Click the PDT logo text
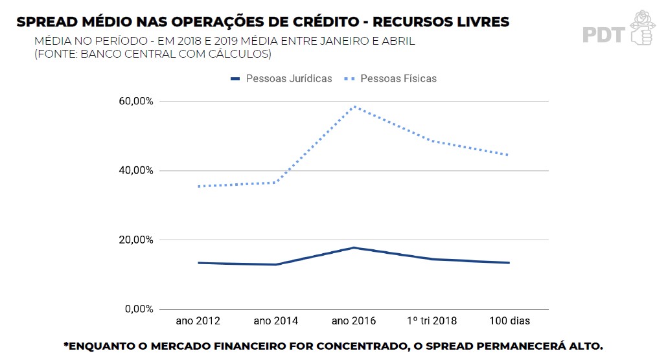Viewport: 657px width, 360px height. [x=603, y=34]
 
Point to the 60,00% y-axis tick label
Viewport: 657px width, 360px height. [x=135, y=102]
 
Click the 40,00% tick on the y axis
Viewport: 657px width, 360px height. [x=135, y=171]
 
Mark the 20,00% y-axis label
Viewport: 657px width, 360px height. [x=135, y=240]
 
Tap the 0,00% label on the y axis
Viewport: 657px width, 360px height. [x=137, y=309]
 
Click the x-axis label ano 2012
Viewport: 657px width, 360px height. [x=198, y=321]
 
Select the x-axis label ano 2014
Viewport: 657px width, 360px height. [x=276, y=321]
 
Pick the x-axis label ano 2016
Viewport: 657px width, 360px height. [x=354, y=321]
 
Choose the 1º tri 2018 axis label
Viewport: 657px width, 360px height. [x=432, y=321]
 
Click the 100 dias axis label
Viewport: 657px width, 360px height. [x=509, y=321]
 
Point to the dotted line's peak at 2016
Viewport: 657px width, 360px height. [x=354, y=107]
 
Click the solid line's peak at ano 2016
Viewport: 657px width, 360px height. [x=354, y=247]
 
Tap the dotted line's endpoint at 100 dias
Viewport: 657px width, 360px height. [x=509, y=155]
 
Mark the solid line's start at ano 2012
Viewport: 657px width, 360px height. [x=198, y=263]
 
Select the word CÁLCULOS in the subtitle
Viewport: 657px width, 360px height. [x=240, y=54]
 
